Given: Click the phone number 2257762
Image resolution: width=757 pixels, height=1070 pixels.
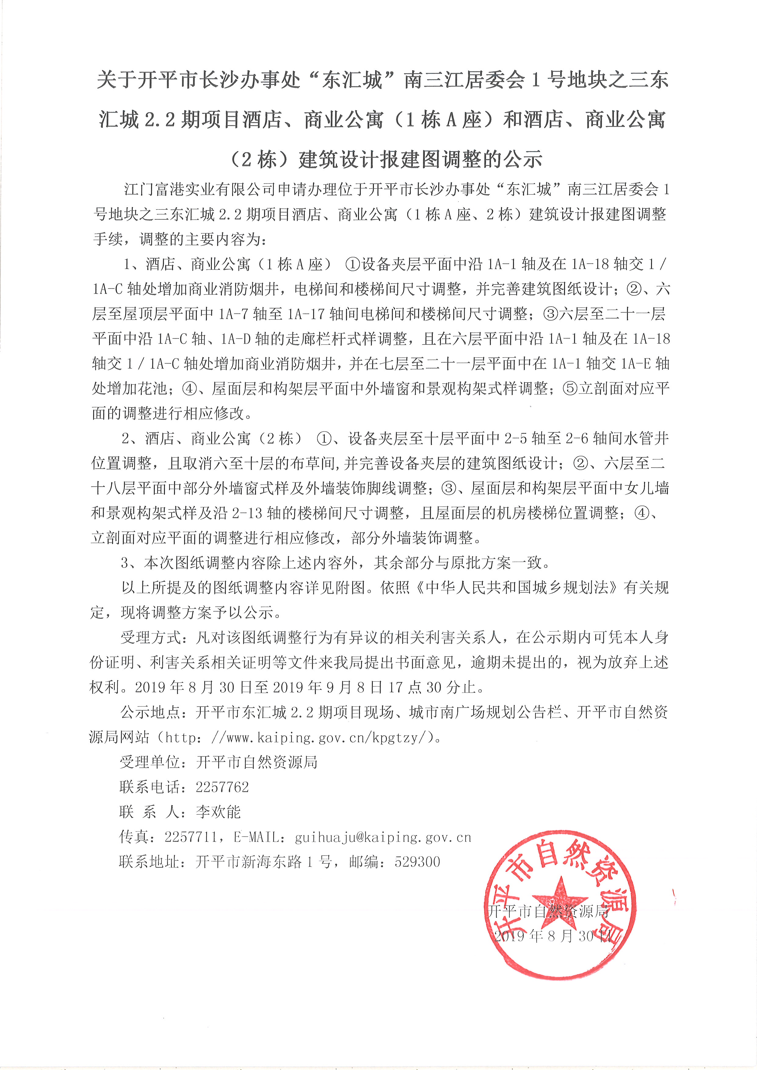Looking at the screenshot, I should (222, 787).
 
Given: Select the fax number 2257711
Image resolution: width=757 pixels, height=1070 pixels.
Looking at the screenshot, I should (191, 837).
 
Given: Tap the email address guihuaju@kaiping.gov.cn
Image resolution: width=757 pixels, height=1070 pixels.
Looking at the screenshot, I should (383, 837).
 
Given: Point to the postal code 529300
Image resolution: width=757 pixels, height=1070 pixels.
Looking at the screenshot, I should (417, 862).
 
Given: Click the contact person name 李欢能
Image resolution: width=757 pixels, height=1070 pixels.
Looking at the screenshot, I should (218, 812).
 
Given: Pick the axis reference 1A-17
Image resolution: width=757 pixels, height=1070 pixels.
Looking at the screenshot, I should (306, 314).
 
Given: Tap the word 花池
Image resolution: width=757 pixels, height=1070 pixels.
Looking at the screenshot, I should (151, 389).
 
